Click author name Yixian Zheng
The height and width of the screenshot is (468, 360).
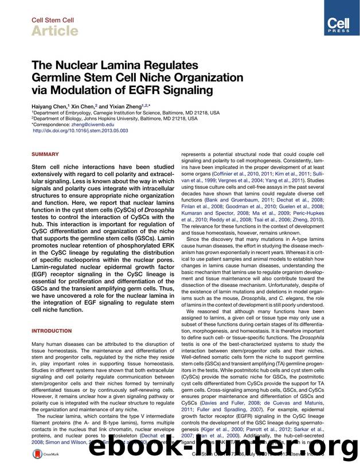click(123, 106)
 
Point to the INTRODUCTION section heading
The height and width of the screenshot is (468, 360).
click(51, 331)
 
